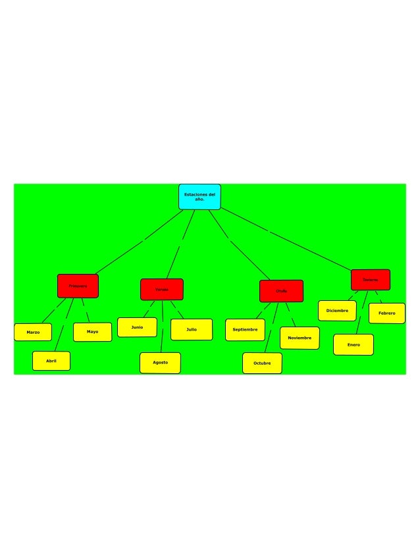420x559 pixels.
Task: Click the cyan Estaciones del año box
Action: click(199, 197)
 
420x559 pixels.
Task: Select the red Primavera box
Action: click(78, 286)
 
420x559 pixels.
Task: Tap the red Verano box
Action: click(161, 289)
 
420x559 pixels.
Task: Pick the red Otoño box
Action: click(281, 290)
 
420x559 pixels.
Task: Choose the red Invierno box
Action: click(370, 280)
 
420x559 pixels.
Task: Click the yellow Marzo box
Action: click(33, 333)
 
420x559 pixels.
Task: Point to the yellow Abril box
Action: click(51, 361)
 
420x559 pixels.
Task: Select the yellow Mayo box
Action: click(92, 332)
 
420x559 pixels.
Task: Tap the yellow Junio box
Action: click(137, 327)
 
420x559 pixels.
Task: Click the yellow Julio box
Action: click(191, 329)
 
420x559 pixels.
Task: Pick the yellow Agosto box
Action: click(160, 363)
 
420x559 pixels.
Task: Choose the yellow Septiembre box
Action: click(245, 330)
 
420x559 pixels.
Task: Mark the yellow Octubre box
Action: click(262, 363)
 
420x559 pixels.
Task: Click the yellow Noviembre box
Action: click(300, 338)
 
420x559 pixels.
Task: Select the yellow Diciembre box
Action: click(337, 311)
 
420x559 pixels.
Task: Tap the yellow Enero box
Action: click(353, 344)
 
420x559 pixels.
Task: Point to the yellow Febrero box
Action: click(386, 313)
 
